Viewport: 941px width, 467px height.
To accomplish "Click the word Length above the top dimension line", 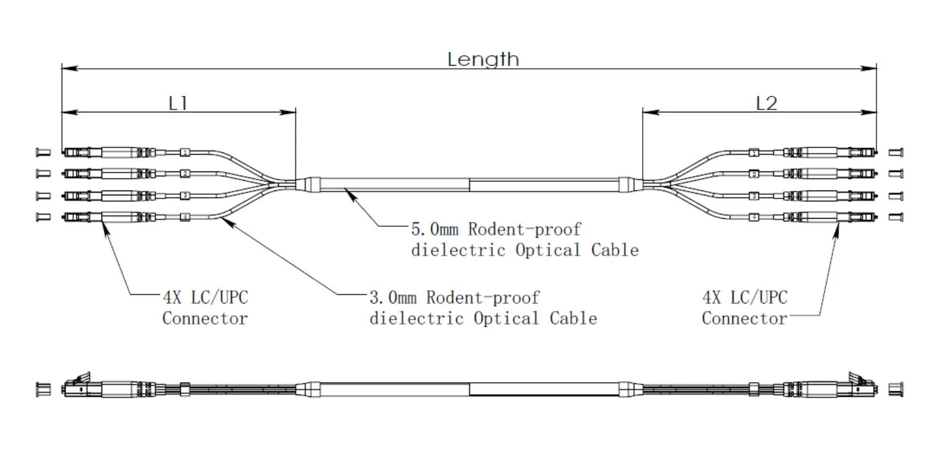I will [483, 60].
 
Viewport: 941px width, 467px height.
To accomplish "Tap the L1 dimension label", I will [178, 103].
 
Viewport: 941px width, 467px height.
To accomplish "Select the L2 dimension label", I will [766, 103].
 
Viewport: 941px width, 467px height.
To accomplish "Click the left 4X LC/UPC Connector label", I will [205, 308].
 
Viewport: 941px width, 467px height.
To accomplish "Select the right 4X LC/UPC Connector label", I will [744, 308].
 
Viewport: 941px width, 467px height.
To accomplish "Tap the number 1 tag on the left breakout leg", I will [185, 152].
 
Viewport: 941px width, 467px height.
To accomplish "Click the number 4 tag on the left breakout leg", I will [185, 217].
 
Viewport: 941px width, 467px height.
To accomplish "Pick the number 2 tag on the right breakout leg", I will [754, 175].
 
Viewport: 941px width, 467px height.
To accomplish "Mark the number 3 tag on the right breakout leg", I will [754, 196].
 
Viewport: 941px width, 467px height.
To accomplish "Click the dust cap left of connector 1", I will [43, 152].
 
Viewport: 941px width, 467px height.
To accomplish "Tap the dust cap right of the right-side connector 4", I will [895, 217].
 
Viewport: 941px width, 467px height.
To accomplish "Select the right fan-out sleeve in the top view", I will [627, 184].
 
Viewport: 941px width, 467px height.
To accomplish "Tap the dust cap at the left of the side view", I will [43, 389].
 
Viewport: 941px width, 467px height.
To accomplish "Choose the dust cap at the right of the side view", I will [896, 389].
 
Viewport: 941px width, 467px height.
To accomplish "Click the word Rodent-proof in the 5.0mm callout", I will [524, 230].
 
